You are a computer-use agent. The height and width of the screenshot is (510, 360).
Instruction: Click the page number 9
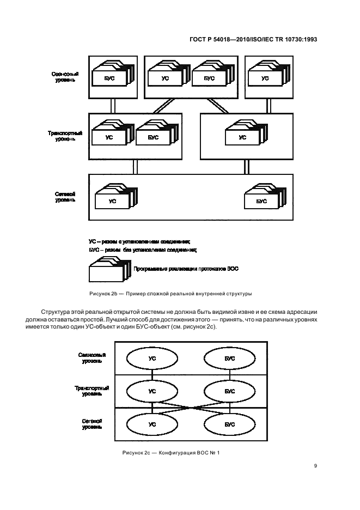pyautogui.click(x=315, y=465)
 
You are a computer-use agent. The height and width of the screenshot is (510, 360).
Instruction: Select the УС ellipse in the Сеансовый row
pyautogui.click(x=152, y=359)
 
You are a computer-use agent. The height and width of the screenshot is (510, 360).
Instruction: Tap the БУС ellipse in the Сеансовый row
pyautogui.click(x=229, y=359)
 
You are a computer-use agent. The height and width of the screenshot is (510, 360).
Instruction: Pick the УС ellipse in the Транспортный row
pyautogui.click(x=152, y=391)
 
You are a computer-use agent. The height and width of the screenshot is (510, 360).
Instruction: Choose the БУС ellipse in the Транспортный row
pyautogui.click(x=229, y=391)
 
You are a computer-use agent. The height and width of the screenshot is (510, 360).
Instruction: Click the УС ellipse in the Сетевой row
pyautogui.click(x=152, y=423)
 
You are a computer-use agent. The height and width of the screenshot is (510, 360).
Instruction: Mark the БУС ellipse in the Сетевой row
pyautogui.click(x=229, y=423)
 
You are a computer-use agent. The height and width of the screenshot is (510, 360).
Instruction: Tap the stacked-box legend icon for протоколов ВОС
pyautogui.click(x=109, y=270)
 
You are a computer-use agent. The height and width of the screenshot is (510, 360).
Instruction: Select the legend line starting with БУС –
pyautogui.click(x=142, y=250)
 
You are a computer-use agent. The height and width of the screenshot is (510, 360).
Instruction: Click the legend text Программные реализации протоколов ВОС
pyautogui.click(x=186, y=269)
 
